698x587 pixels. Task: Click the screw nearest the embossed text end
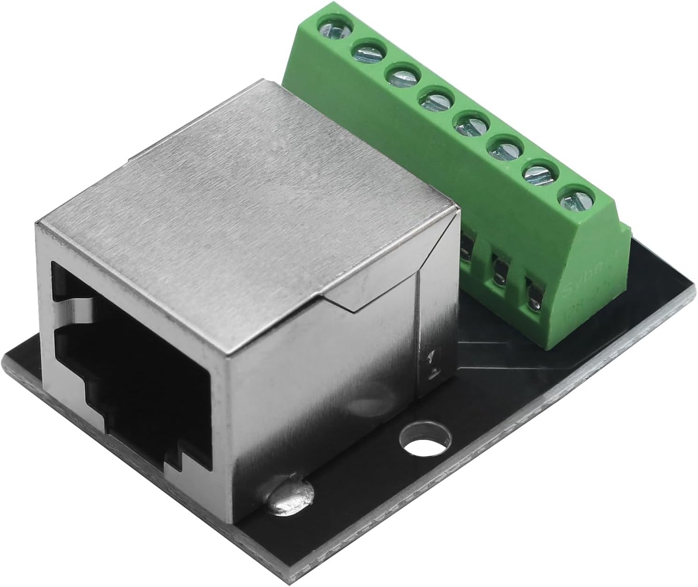[574, 201]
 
